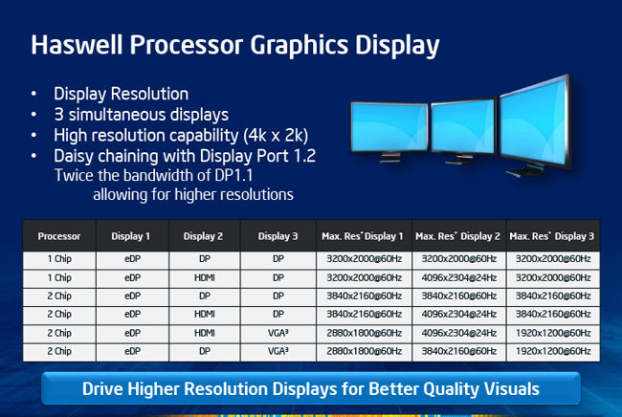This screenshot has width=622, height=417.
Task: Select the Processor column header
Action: coord(59,235)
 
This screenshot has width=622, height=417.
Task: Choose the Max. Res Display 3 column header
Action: coord(552,235)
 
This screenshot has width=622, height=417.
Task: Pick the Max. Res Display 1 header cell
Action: coord(363,235)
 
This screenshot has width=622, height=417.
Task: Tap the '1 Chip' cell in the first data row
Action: coord(59,259)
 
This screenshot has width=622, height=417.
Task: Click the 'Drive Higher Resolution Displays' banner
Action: coord(310,389)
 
